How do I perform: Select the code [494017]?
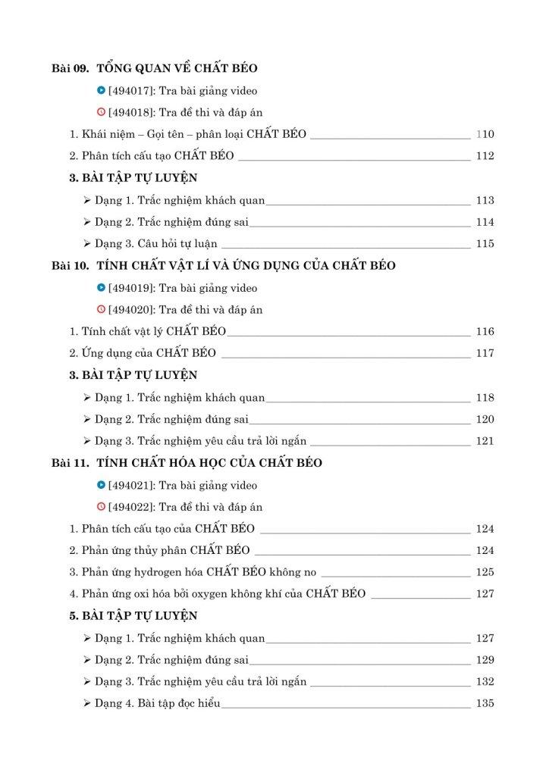point(132,91)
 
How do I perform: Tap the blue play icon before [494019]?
point(102,288)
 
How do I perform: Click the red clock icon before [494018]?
point(102,113)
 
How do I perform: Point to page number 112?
point(485,156)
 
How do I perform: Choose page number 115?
point(485,244)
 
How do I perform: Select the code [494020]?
point(132,310)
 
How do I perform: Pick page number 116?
point(485,332)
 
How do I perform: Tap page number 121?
point(485,441)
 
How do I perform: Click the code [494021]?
point(132,485)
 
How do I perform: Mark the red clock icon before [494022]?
point(102,507)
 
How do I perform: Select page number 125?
point(485,572)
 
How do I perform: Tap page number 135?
point(485,704)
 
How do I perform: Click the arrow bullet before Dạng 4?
point(87,704)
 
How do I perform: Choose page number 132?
point(485,682)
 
